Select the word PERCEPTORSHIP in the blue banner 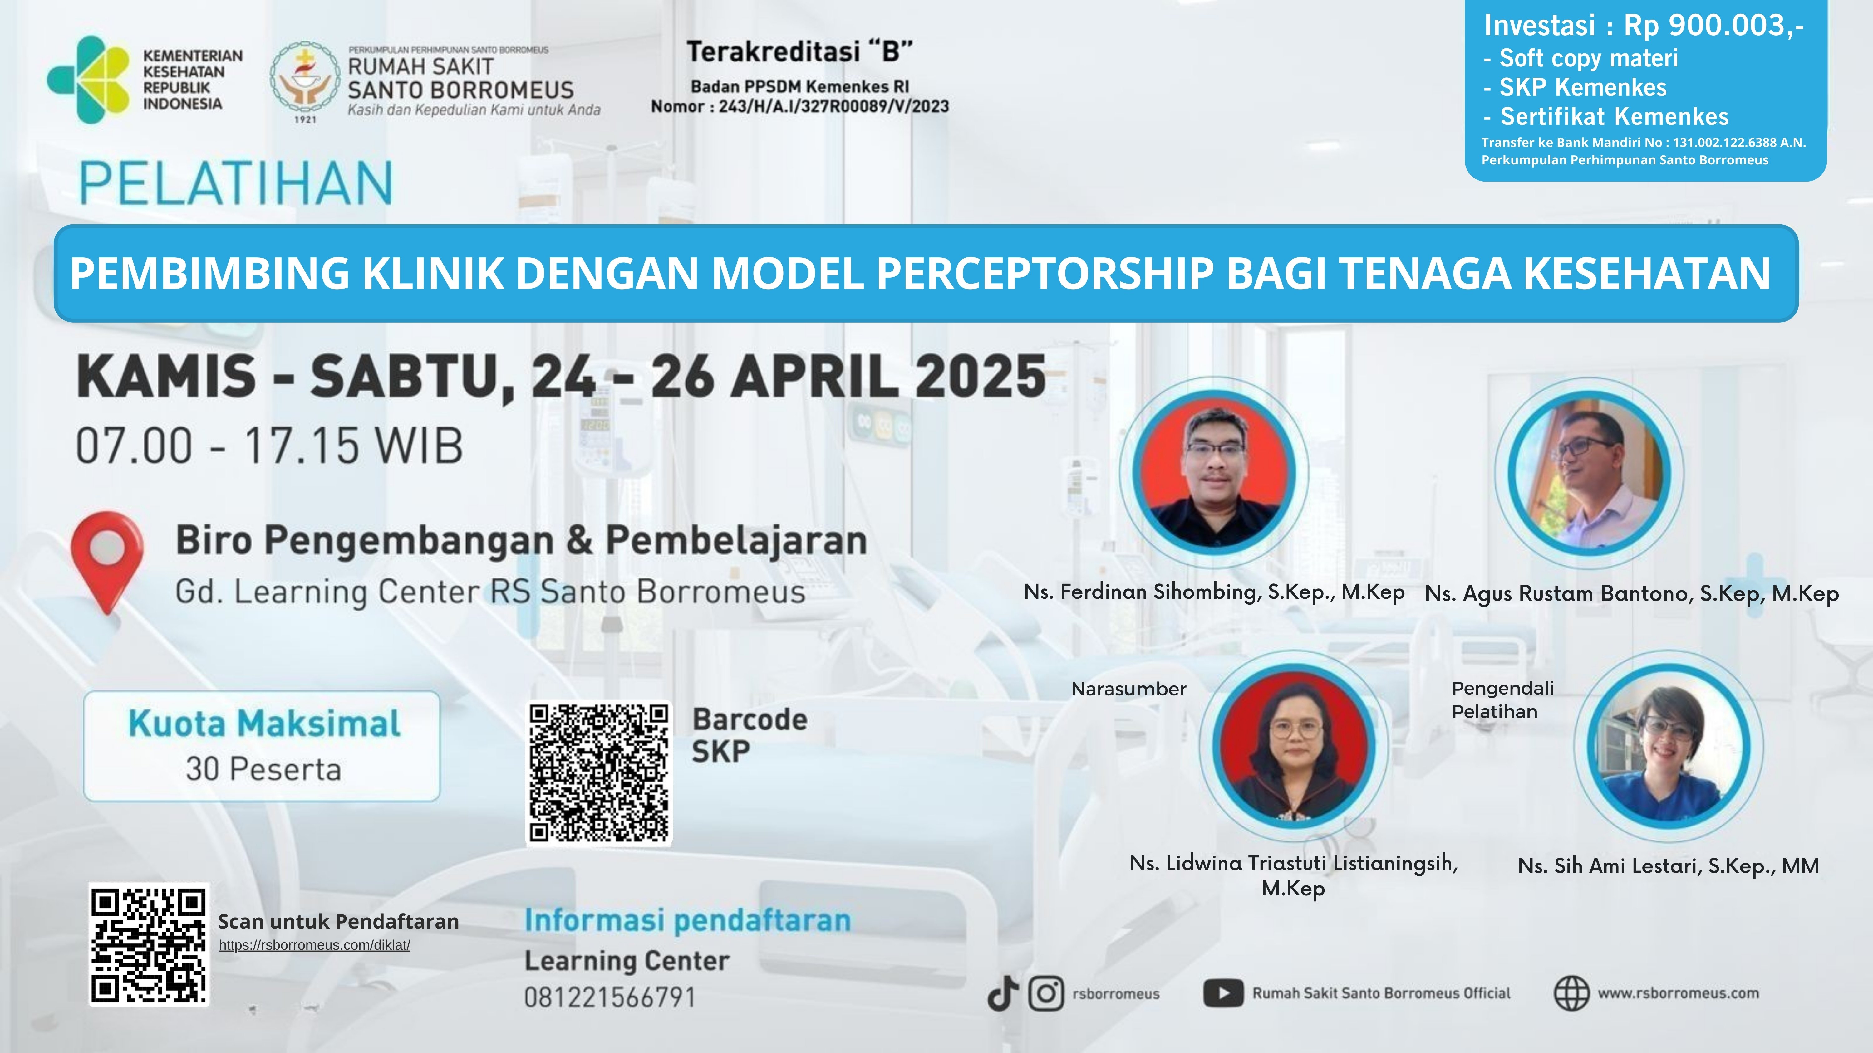tap(1045, 273)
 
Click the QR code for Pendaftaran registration tap(149, 945)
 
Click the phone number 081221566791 tap(610, 997)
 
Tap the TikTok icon tap(1003, 993)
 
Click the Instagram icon tap(1046, 993)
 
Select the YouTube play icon tap(1223, 993)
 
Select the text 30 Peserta tap(263, 769)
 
